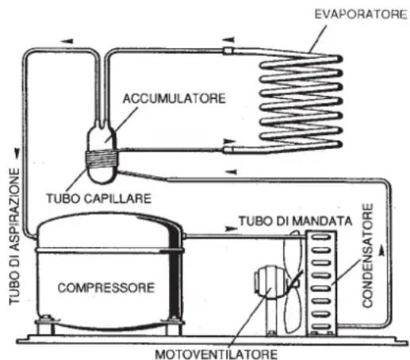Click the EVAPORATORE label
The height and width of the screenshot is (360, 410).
[x=361, y=14]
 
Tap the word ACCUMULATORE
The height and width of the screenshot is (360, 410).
[x=174, y=98]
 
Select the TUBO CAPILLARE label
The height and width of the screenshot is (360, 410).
[x=99, y=199]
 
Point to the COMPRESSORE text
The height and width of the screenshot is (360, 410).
[x=106, y=288]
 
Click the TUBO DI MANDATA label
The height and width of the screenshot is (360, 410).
[x=296, y=221]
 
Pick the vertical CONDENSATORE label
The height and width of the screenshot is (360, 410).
[x=367, y=255]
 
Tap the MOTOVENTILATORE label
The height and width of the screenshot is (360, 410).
[x=216, y=354]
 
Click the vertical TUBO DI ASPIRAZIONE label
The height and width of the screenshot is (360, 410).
[x=14, y=236]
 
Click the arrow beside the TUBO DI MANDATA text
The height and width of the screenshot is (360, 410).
[x=231, y=229]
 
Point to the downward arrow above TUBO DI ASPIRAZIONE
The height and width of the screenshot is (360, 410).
[x=17, y=153]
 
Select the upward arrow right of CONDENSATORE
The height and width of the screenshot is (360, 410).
[x=381, y=250]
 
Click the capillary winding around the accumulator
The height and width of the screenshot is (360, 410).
[x=102, y=159]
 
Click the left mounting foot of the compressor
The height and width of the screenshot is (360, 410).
[x=46, y=324]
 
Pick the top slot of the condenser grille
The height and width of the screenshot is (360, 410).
[x=321, y=237]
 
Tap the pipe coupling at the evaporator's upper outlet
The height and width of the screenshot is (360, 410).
[x=228, y=50]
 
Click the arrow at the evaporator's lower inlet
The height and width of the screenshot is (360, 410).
[x=229, y=141]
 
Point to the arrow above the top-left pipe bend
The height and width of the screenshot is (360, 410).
[x=67, y=41]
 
